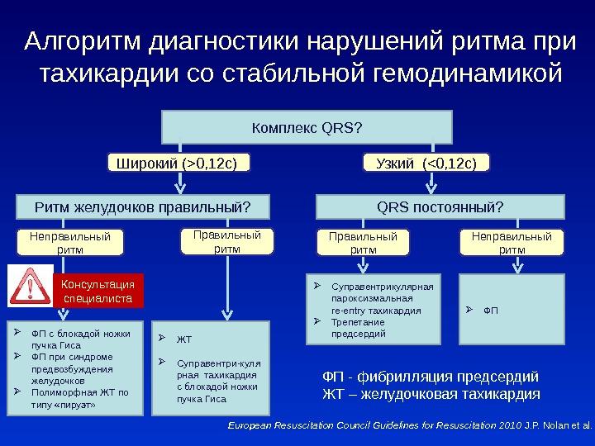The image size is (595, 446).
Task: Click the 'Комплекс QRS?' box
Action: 307,127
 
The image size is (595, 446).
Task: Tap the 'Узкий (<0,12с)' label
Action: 426,163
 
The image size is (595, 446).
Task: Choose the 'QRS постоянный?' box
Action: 440,205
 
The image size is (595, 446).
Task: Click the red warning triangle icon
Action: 31,287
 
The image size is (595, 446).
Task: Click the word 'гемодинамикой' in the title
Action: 467,75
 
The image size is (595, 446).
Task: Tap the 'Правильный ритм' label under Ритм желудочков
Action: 226,241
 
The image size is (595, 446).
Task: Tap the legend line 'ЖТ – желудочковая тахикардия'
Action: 430,394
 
